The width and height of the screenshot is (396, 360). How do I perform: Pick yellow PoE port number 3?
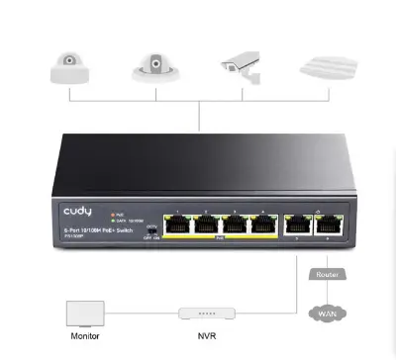click(x=234, y=224)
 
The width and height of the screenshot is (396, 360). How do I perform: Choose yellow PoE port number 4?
click(x=261, y=224)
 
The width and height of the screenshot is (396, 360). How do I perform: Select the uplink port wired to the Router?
click(x=325, y=224)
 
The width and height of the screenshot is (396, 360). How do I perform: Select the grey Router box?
click(x=327, y=273)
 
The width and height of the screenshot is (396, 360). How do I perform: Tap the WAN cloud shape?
click(x=328, y=315)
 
